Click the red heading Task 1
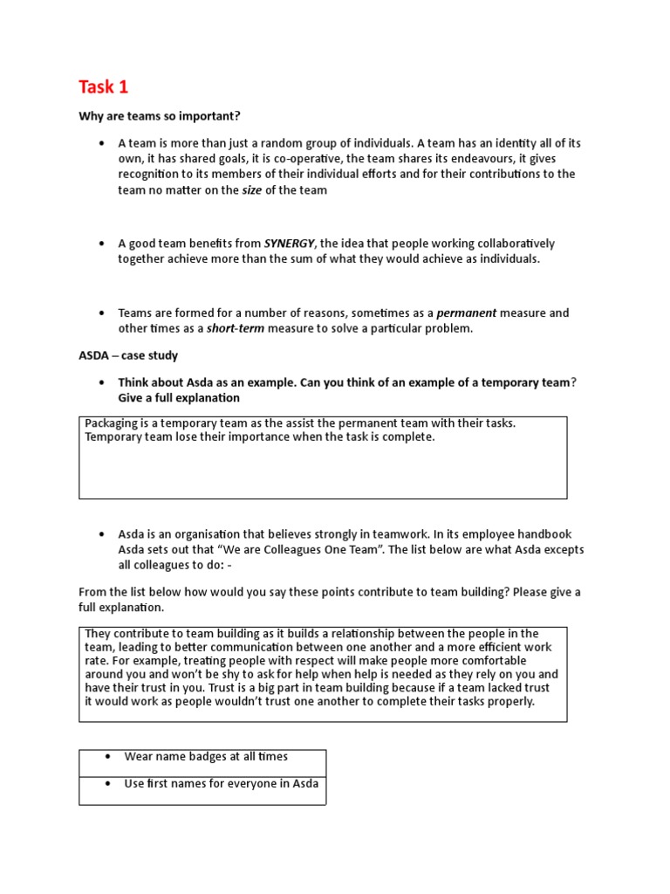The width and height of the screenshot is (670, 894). [103, 86]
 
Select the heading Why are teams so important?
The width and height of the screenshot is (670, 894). [159, 116]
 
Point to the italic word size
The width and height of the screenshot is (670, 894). [251, 189]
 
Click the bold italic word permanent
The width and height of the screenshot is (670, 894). [466, 313]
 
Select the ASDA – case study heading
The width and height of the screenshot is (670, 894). [128, 355]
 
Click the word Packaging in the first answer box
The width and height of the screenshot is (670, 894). [112, 423]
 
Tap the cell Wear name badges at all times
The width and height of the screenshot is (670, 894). [206, 757]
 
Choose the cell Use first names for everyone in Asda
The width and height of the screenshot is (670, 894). [221, 783]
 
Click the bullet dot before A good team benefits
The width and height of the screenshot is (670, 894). [102, 244]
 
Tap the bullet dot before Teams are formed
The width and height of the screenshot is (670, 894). [102, 313]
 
